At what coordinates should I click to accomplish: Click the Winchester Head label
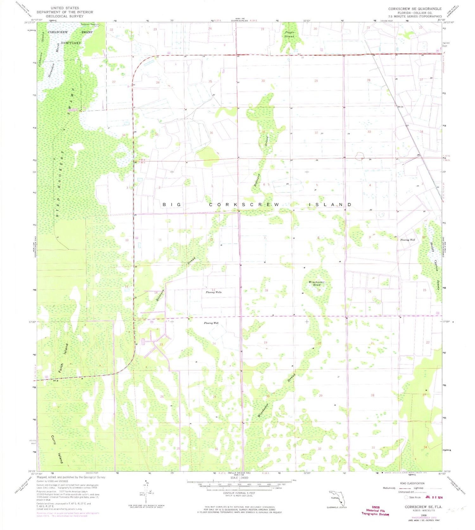pyautogui.click(x=316, y=283)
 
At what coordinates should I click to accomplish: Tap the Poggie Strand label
pyautogui.click(x=289, y=34)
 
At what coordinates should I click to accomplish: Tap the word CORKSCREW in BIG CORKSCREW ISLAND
pyautogui.click(x=244, y=205)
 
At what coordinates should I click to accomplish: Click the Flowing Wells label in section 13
pyautogui.click(x=214, y=292)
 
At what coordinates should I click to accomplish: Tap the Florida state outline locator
pyautogui.click(x=337, y=498)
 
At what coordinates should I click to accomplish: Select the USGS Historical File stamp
pyautogui.click(x=375, y=510)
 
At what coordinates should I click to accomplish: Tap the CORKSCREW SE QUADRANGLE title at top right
pyautogui.click(x=415, y=9)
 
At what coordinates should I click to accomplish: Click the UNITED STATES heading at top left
pyautogui.click(x=65, y=8)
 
